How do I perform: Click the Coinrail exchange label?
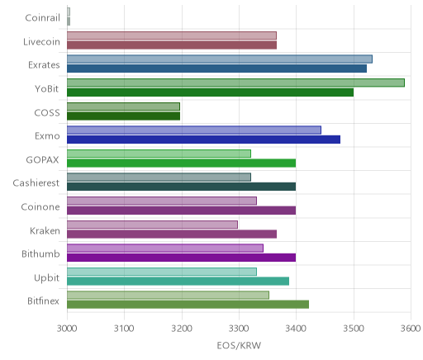42,18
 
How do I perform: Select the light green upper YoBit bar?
235,83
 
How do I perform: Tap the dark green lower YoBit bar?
210,92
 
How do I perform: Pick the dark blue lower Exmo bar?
203,140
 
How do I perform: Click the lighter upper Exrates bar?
220,59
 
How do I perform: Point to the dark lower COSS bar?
123,116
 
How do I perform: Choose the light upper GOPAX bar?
159,154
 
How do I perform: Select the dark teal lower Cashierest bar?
181,187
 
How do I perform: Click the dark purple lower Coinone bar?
181,211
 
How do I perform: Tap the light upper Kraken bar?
152,225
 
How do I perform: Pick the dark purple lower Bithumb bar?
181,258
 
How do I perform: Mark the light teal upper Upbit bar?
162,272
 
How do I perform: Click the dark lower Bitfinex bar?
188,305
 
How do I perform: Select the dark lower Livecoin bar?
172,45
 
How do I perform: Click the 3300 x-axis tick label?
239,329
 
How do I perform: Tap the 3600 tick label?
411,329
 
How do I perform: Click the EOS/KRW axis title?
239,345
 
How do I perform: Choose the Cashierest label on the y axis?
36,183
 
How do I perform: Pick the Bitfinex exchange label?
44,301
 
